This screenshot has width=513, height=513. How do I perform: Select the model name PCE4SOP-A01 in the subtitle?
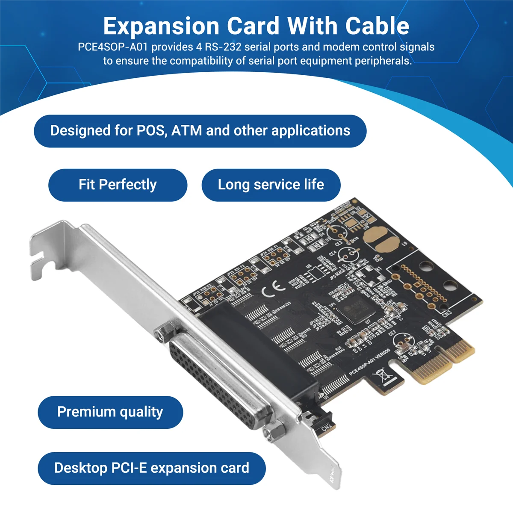point(113,47)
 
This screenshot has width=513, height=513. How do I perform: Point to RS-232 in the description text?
point(223,47)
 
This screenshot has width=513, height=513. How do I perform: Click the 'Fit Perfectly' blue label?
point(118,185)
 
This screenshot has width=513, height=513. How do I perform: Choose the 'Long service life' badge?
point(271,185)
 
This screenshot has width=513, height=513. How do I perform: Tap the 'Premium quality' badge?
point(110,412)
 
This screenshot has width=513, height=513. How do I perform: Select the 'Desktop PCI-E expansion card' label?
point(151,468)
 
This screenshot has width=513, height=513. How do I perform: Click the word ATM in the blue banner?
point(186,130)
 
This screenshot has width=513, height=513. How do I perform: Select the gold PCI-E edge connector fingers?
point(445,361)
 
